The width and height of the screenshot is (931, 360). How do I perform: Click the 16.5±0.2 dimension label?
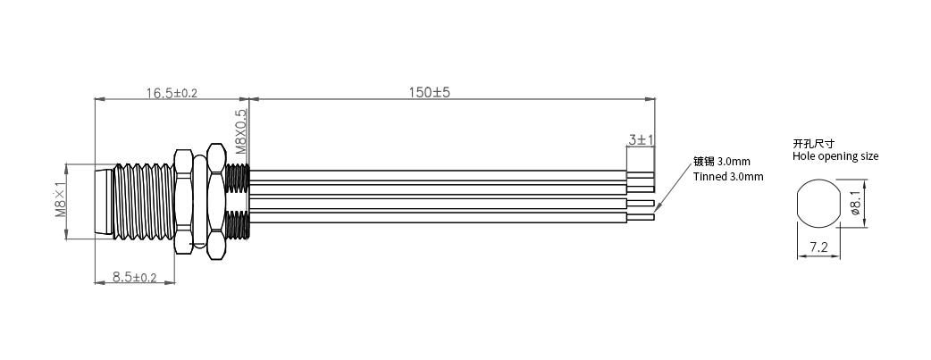coord(172,93)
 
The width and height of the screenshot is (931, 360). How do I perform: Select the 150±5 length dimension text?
coord(429,92)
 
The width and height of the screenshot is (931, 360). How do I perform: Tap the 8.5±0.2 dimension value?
coord(134,277)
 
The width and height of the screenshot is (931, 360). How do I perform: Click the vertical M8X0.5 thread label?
coord(241,132)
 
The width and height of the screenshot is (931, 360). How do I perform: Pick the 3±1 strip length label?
coord(641,139)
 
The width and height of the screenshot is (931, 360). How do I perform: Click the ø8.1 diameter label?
coord(856,203)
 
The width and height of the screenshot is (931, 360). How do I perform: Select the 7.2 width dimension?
coord(818,247)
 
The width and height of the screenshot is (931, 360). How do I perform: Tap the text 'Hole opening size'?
coord(835,156)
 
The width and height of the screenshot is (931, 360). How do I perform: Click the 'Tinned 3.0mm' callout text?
coord(728,177)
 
